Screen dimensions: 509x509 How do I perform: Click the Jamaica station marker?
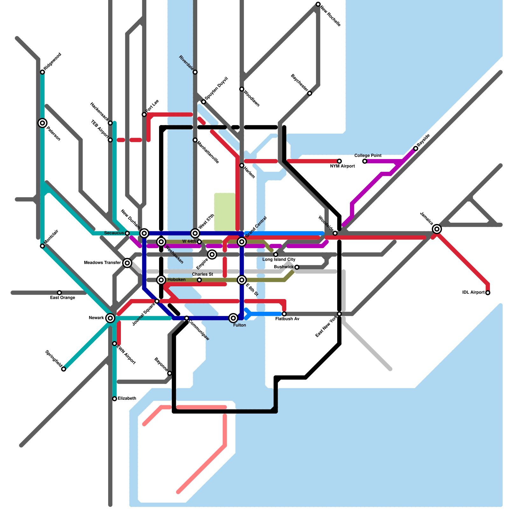[x=437, y=229]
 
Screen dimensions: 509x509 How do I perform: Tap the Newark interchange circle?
[x=110, y=318]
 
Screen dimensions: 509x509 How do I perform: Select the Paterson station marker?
[x=42, y=123]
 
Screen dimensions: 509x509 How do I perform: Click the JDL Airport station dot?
[x=488, y=293]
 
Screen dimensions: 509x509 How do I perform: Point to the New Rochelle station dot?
[x=318, y=4]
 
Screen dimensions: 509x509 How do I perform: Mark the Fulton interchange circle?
[x=233, y=318]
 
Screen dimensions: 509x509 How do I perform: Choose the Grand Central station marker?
[x=242, y=242]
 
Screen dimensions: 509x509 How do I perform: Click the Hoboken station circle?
[x=161, y=280]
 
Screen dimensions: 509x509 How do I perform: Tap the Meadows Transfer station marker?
[x=127, y=263]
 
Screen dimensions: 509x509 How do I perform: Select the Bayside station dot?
[x=415, y=148]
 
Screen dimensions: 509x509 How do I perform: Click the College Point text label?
[x=368, y=156]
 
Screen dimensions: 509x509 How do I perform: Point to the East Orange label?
[x=63, y=298]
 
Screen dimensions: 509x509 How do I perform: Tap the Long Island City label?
[x=279, y=260]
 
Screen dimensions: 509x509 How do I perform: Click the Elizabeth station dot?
[x=115, y=399]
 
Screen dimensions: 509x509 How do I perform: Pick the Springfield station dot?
[x=64, y=369]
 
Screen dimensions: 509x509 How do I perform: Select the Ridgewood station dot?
[x=42, y=72]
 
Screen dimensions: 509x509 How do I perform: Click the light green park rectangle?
[x=225, y=212]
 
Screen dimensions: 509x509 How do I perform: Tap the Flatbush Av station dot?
[x=284, y=314]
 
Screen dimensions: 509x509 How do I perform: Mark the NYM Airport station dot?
[x=339, y=161]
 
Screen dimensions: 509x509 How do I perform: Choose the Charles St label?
[x=202, y=274]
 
